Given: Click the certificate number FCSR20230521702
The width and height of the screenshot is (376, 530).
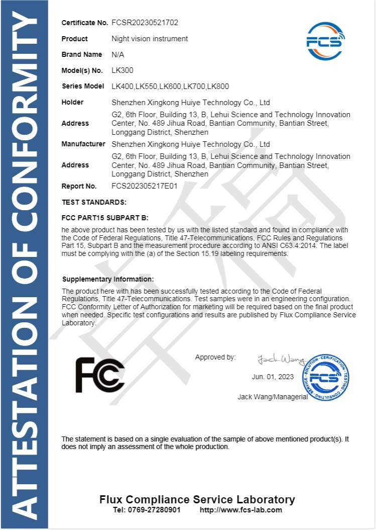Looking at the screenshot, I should [145, 23].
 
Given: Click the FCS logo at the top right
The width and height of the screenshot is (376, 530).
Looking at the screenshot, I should [325, 41].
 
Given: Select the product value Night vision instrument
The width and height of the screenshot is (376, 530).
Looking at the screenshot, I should [150, 39].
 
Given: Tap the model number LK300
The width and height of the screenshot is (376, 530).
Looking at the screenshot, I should [122, 70].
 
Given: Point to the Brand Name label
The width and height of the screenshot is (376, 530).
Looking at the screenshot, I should [82, 54].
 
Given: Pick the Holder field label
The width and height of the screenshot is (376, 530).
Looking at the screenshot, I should [73, 102].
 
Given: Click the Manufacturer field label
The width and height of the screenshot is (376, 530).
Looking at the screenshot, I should [83, 144].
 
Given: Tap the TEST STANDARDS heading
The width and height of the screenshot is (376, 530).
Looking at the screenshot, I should [94, 202].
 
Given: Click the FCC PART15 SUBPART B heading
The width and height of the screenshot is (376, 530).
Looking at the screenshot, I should [105, 218].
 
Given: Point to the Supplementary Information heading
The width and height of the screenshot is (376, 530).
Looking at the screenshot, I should [108, 279].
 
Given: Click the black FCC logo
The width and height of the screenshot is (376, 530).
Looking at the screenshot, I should [99, 375].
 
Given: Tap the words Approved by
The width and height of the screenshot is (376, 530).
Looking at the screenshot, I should [215, 358].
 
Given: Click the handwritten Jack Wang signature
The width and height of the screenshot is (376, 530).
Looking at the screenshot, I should [281, 360].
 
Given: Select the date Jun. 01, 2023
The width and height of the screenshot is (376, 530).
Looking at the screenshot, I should [272, 377].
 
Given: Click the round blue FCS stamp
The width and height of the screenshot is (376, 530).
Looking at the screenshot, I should [325, 378].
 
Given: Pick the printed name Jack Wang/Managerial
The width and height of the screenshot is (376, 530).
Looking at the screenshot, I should [273, 397].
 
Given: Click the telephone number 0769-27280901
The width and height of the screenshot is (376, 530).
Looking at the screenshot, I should [146, 510].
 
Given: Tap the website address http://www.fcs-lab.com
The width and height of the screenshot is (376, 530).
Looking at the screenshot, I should [241, 510].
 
